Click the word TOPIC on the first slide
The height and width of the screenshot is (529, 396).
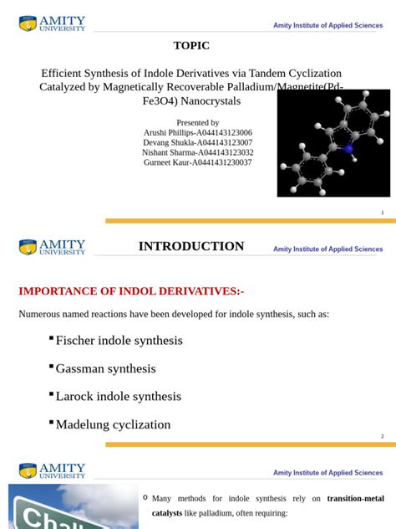click(191, 46)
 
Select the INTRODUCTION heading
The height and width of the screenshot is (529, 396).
click(191, 246)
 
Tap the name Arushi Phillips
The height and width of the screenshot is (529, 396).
click(198, 132)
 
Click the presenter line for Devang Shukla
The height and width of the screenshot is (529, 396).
click(198, 142)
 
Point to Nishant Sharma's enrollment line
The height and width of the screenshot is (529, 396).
click(198, 152)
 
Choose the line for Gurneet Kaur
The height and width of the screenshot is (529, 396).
click(198, 162)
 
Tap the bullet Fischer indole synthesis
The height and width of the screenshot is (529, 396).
click(119, 341)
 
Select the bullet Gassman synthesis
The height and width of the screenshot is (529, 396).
click(105, 368)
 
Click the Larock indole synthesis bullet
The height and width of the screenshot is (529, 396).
click(118, 396)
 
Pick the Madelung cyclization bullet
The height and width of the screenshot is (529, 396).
click(113, 424)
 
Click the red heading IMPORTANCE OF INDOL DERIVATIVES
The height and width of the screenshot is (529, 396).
click(131, 291)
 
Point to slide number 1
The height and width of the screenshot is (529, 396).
click(382, 213)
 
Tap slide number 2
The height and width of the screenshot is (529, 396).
click(382, 436)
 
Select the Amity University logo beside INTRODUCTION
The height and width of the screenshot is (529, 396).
click(52, 246)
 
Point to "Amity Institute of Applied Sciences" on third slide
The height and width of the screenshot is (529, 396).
click(327, 473)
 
